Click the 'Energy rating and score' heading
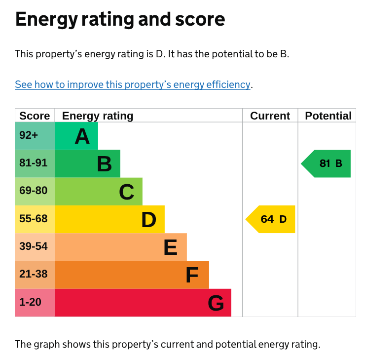120,20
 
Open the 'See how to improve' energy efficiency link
133,84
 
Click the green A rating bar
76,136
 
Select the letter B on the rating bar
104,164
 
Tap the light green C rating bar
99,192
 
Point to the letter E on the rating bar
170,247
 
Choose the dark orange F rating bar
132,275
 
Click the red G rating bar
143,303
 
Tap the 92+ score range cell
35,136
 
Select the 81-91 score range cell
35,163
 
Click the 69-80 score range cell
35,191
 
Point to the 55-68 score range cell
35,219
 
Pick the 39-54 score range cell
35,247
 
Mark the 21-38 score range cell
35,275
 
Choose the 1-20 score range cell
35,302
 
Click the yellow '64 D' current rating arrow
272,219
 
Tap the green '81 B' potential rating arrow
328,163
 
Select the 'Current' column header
270,116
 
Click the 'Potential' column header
328,116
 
